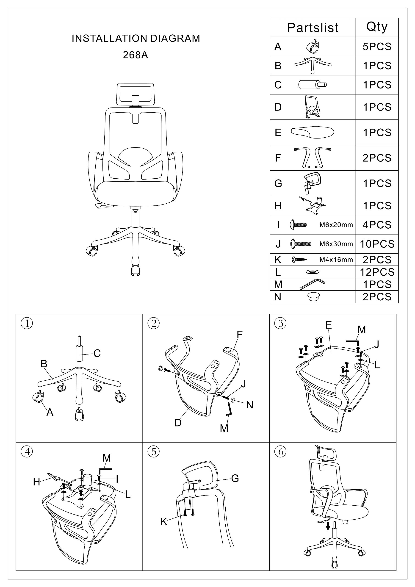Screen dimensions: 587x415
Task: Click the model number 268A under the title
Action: (135, 55)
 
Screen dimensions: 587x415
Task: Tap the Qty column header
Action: (377, 27)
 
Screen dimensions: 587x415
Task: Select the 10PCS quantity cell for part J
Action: (377, 244)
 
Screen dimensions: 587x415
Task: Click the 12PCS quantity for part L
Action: (377, 272)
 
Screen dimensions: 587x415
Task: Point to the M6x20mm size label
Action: (336, 225)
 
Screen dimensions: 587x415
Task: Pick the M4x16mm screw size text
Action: (336, 260)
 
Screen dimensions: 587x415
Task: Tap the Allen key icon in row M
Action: (312, 284)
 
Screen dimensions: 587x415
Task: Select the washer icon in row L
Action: (312, 272)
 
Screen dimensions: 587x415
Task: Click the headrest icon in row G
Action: (312, 183)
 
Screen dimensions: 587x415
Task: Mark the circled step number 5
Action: (154, 452)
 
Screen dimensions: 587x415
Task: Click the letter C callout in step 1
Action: (97, 353)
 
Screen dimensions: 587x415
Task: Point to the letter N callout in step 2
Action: (249, 405)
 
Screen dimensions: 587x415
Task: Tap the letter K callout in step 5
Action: (164, 522)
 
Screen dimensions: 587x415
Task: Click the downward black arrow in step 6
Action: (328, 526)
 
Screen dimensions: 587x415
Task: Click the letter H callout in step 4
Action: (36, 482)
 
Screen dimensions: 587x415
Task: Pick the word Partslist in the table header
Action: (313, 28)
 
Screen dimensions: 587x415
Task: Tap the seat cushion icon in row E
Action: (312, 132)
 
